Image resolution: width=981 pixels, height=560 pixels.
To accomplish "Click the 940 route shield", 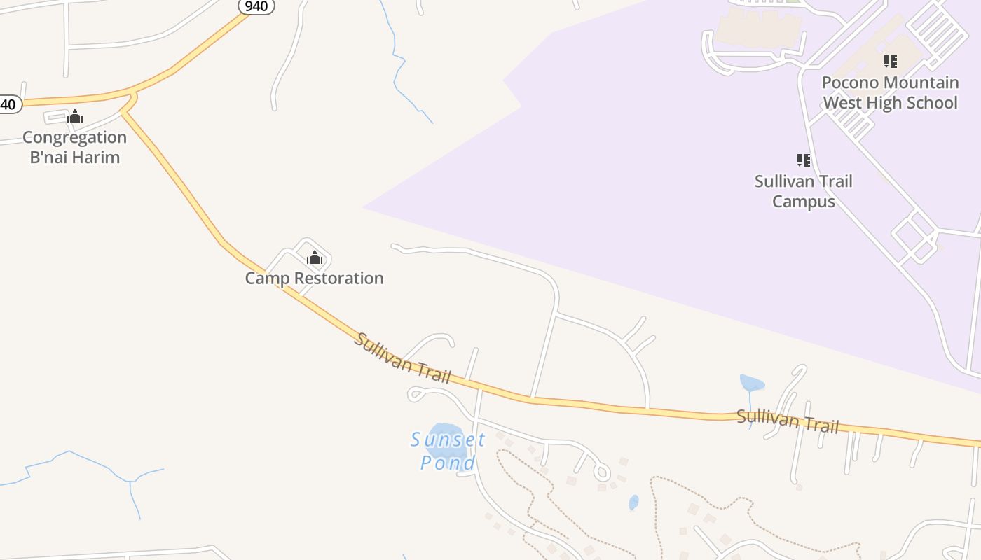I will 256,6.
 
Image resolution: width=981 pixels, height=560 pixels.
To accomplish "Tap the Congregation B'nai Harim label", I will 74,147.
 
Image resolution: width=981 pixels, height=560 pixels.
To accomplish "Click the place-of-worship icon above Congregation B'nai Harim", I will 75,116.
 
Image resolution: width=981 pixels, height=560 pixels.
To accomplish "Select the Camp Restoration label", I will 314,278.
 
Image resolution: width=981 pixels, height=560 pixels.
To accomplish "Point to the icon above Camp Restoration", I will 315,258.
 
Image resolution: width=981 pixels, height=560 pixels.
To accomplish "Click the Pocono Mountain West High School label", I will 890,92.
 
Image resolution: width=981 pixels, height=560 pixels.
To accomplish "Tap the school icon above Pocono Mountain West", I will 890,62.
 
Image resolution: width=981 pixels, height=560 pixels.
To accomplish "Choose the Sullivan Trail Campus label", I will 803,191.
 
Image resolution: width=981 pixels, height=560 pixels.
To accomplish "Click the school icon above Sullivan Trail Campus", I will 803,160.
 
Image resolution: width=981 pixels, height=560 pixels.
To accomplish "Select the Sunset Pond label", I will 448,451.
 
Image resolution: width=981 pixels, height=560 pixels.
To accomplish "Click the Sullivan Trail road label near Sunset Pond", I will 402,358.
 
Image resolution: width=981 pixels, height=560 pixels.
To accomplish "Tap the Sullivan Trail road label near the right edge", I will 788,421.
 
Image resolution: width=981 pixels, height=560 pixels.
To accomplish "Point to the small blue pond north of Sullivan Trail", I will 752,383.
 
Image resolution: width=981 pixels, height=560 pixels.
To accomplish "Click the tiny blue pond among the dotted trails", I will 633,502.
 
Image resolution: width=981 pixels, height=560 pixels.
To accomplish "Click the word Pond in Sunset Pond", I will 448,462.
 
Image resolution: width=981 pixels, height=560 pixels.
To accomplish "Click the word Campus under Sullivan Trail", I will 803,202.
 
